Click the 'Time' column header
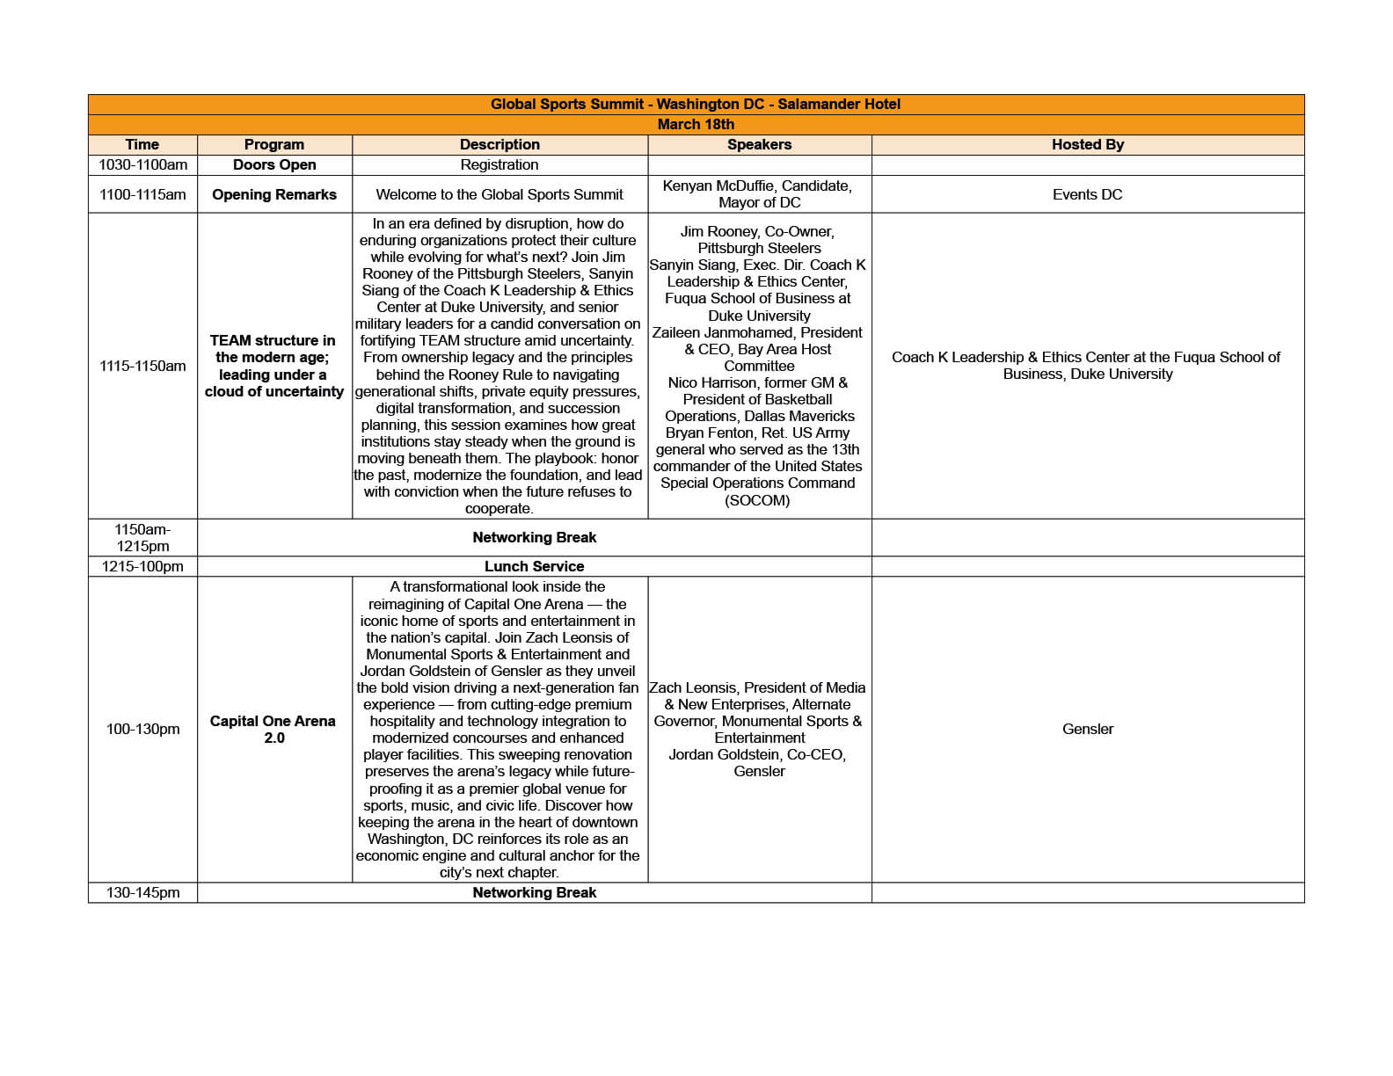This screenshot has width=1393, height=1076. click(x=142, y=144)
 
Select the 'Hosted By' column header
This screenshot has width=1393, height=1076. click(x=1087, y=144)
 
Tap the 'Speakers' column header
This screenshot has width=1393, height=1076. click(x=759, y=144)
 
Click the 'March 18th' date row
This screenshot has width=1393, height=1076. click(x=696, y=124)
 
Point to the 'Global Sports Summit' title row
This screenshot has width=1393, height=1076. click(x=696, y=104)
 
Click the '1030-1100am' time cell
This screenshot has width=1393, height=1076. click(x=142, y=164)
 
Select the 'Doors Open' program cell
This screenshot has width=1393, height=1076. click(x=274, y=164)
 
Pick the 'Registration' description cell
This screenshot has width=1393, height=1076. click(x=500, y=164)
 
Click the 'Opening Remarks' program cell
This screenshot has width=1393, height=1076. click(x=274, y=194)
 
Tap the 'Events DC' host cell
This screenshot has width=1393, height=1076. click(x=1087, y=194)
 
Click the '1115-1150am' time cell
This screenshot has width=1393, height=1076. click(x=142, y=366)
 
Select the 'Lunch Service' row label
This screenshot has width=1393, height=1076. click(x=534, y=566)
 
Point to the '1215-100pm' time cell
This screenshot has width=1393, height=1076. click(x=142, y=566)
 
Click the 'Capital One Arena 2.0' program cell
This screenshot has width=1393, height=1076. click(x=274, y=729)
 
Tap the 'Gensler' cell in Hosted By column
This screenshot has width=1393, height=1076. click(x=1087, y=729)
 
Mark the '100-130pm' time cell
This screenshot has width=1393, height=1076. click(x=142, y=729)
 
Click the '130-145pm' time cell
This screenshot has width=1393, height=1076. click(x=142, y=892)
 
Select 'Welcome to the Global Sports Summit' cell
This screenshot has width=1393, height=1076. click(x=500, y=194)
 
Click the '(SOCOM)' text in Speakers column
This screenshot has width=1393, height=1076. click(x=757, y=500)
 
